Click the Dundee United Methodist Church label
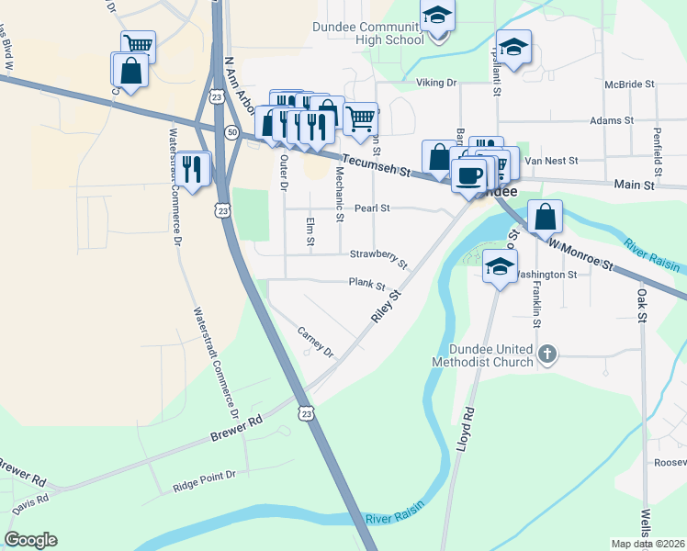pyautogui.click(x=491, y=355)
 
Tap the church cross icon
pyautogui.click(x=547, y=354)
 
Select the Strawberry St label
pyautogui.click(x=378, y=254)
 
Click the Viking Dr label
pyautogui.click(x=437, y=84)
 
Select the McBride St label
pyautogui.click(x=629, y=84)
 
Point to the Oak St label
pyautogui.click(x=641, y=305)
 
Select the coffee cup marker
pyautogui.click(x=469, y=174)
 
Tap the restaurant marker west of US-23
pyautogui.click(x=192, y=168)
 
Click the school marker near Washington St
pyautogui.click(x=499, y=267)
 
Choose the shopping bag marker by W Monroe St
pyautogui.click(x=546, y=219)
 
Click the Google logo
pyautogui.click(x=30, y=540)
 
